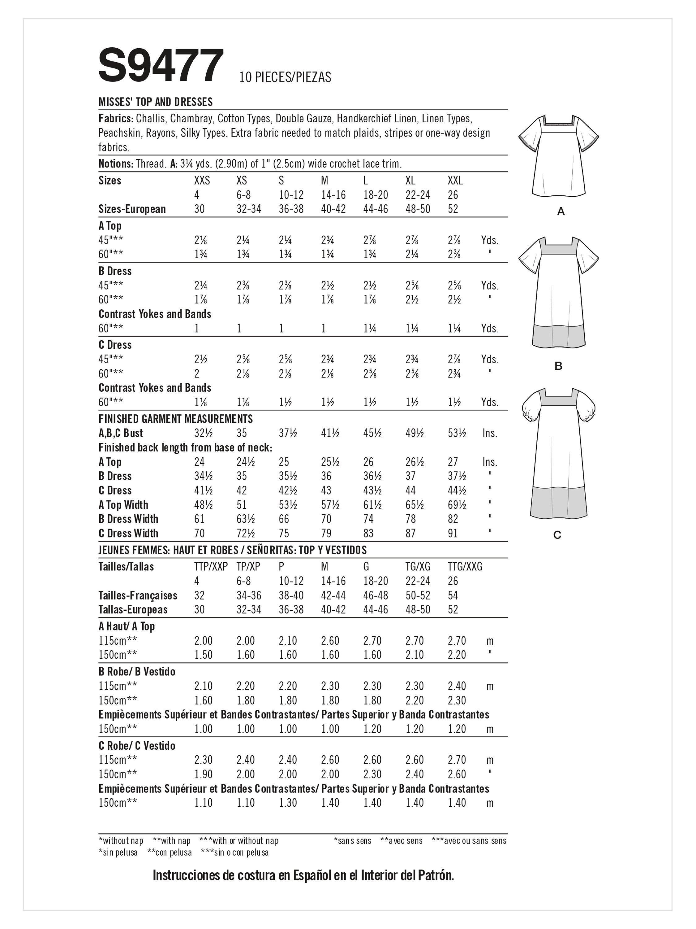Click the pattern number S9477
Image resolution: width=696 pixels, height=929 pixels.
161,66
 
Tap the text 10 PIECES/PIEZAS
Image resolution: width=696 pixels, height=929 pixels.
285,77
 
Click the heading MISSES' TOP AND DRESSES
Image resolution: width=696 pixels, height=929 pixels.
155,102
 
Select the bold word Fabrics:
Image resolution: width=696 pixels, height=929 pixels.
116,119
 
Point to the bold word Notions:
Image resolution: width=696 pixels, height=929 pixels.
116,164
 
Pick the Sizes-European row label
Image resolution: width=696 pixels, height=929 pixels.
132,209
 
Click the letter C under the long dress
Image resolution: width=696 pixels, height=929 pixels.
557,535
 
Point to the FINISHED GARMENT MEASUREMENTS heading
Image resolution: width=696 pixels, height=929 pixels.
175,419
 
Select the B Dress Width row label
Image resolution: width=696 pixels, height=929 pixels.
128,519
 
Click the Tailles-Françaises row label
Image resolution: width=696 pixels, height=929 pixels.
138,595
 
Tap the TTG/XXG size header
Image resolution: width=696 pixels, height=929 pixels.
465,567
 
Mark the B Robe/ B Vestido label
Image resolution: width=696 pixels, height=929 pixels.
137,672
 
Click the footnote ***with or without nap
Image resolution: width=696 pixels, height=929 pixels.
239,840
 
